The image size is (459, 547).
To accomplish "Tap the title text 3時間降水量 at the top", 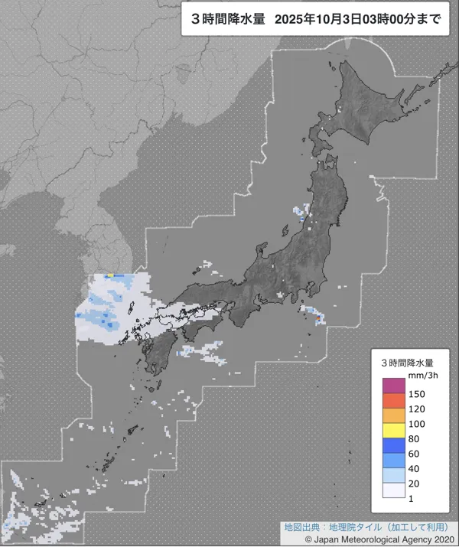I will point(226,21).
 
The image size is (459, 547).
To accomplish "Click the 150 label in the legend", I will point(417,394).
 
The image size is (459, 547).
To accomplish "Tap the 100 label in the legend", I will point(417,423).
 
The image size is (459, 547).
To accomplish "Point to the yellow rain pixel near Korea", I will point(109,275).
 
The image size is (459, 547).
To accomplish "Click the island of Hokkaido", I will point(367,103).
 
